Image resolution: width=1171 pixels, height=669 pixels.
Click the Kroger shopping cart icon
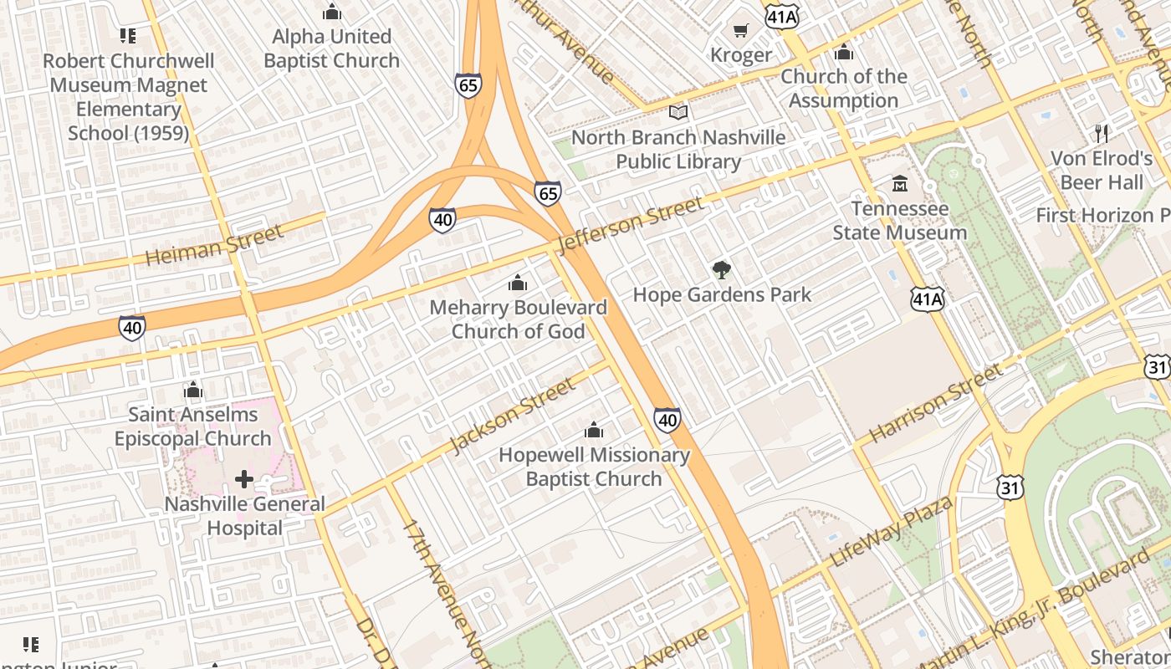[740, 31]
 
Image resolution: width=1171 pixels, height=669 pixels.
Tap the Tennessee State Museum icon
[900, 183]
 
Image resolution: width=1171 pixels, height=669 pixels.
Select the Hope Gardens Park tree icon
[722, 269]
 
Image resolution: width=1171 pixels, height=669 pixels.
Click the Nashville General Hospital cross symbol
[244, 479]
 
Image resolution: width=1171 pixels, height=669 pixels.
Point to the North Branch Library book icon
[678, 112]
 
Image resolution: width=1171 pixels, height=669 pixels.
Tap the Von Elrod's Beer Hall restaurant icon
[1102, 133]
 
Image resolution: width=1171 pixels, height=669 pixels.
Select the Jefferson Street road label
[632, 224]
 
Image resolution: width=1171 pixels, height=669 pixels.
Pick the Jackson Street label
[513, 415]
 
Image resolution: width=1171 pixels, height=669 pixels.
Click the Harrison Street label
[935, 404]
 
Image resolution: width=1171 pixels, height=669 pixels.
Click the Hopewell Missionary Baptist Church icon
[594, 431]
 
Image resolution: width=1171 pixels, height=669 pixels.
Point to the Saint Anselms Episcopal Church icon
[193, 390]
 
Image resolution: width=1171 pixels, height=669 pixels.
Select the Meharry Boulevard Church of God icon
[518, 283]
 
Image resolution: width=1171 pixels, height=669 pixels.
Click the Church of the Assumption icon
[844, 52]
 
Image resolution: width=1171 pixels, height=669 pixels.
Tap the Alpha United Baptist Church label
[332, 49]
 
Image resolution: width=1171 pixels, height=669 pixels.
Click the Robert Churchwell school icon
[127, 36]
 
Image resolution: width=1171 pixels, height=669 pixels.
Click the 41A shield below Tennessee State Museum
[927, 299]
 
